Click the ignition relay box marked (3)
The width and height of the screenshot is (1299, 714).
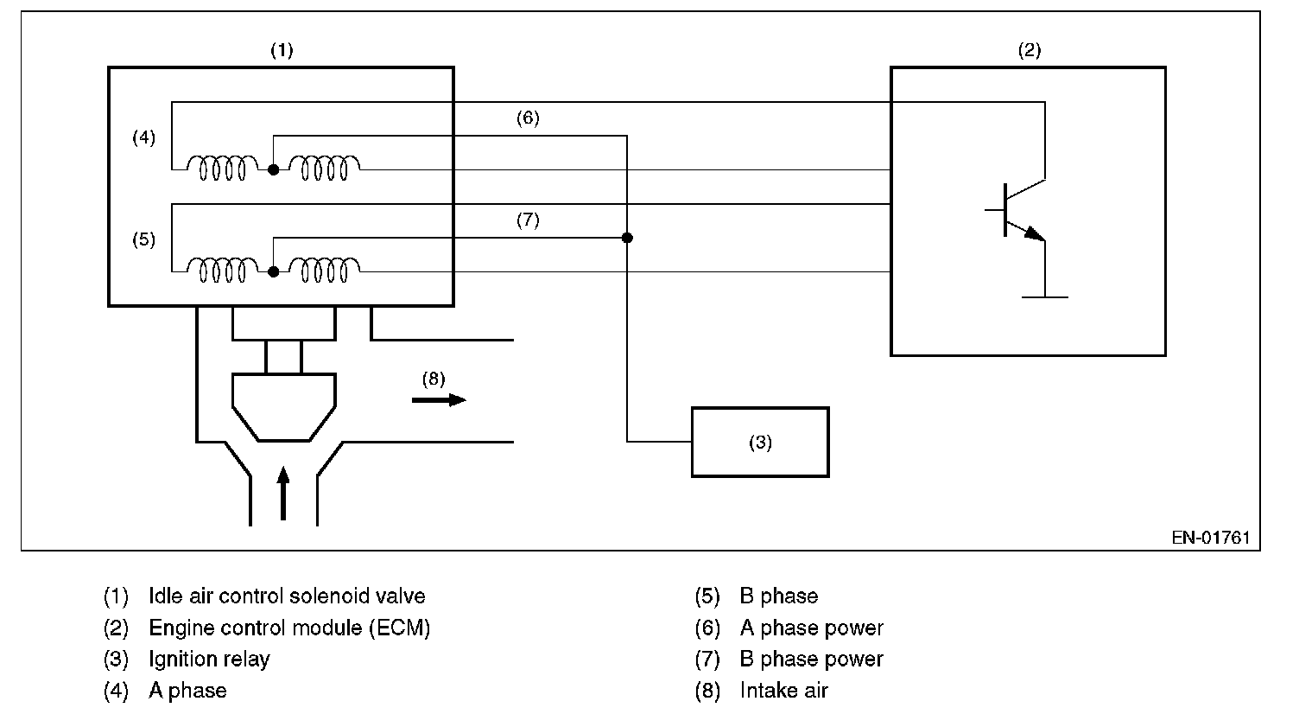pyautogui.click(x=760, y=442)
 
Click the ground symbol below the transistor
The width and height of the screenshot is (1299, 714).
pyautogui.click(x=1045, y=296)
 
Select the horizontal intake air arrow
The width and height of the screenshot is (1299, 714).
pyautogui.click(x=439, y=399)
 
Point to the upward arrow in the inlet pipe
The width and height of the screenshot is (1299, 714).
pyautogui.click(x=283, y=493)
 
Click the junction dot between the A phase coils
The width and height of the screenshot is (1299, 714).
pyautogui.click(x=273, y=170)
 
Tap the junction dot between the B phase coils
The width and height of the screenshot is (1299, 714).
pyautogui.click(x=273, y=271)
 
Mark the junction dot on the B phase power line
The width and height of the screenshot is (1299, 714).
pyautogui.click(x=627, y=238)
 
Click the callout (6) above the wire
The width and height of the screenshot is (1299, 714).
pyautogui.click(x=528, y=118)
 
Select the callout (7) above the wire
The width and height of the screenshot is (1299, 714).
pyautogui.click(x=528, y=220)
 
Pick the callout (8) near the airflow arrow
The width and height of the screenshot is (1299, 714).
pyautogui.click(x=434, y=378)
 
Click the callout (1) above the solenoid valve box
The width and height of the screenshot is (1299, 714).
pyautogui.click(x=282, y=50)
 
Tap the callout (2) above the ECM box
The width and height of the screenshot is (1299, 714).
pyautogui.click(x=1029, y=50)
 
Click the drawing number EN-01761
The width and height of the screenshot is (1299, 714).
pyautogui.click(x=1211, y=537)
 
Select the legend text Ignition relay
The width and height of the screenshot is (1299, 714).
pyautogui.click(x=209, y=659)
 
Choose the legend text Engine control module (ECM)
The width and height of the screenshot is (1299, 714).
pyautogui.click(x=289, y=628)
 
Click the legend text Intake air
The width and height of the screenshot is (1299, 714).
pyautogui.click(x=783, y=690)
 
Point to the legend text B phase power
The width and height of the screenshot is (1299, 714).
pyautogui.click(x=811, y=659)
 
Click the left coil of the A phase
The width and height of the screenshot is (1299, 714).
pyautogui.click(x=223, y=168)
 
